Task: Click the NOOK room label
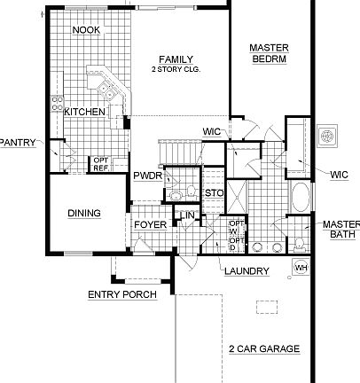point(85,30)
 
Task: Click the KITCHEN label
point(86,112)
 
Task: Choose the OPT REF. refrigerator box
point(101,164)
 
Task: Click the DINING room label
point(84,213)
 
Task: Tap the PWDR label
point(145,176)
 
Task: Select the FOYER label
point(150,224)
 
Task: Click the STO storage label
point(213,192)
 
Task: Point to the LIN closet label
point(189,215)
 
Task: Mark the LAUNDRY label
point(247,270)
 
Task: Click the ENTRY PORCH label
point(121,294)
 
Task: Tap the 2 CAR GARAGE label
point(263,348)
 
